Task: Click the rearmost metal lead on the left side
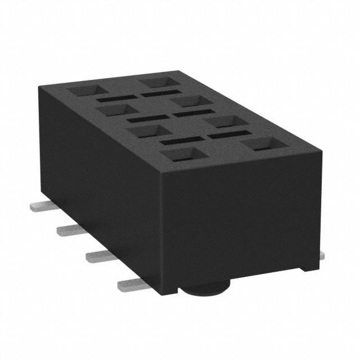pos(38,206)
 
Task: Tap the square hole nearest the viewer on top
pos(184,155)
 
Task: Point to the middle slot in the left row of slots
pos(146,119)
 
